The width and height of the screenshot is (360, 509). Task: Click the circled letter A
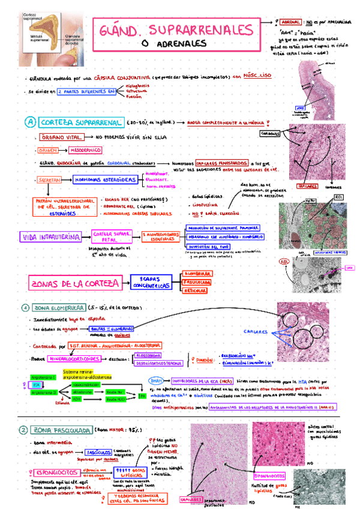pos(29,122)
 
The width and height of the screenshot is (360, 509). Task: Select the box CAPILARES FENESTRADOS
pos(222,163)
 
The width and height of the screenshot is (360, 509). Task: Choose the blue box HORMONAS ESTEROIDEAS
pos(105,179)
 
